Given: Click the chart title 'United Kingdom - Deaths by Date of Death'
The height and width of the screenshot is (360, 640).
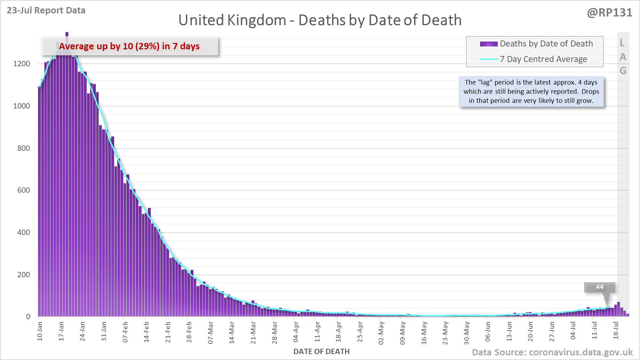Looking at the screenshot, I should (320, 20).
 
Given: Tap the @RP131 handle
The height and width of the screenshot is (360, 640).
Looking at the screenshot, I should (609, 13).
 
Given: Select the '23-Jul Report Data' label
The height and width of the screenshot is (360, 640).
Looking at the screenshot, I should (46, 10).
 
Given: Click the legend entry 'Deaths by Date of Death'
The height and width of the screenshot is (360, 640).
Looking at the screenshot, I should (546, 44).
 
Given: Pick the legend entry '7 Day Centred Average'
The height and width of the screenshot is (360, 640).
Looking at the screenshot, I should (543, 59).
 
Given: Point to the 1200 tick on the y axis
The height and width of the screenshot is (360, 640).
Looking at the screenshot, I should (21, 64).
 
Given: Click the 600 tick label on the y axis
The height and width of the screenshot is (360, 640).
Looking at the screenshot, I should (24, 190).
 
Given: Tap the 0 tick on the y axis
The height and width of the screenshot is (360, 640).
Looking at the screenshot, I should (28, 317).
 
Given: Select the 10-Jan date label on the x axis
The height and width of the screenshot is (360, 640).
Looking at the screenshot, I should (40, 331).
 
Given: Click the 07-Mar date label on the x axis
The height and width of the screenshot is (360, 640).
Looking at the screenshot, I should (211, 332).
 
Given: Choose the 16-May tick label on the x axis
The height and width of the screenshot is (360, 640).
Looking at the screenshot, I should (424, 333).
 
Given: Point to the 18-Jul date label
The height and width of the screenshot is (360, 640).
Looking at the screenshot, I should (616, 330).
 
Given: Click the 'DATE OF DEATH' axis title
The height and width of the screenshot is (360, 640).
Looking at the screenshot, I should (321, 352).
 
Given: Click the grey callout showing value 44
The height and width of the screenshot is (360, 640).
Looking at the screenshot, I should (599, 287).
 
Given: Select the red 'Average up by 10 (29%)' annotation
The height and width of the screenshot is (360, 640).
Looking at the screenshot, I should (129, 46).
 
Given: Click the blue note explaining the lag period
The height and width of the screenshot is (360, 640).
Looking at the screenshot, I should (531, 92).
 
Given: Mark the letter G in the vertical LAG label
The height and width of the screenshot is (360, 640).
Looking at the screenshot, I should (623, 71).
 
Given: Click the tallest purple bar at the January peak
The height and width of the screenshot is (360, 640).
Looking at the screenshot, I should (67, 42).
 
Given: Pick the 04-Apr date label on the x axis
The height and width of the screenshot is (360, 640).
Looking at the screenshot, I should (296, 332).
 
